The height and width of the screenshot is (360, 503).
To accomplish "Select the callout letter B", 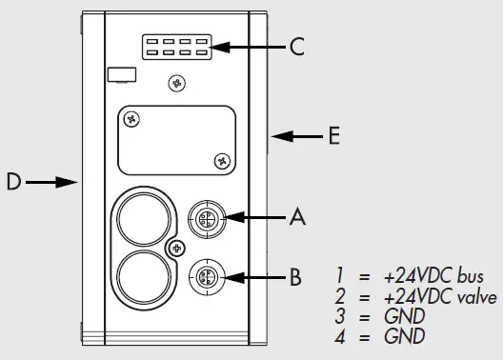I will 295,278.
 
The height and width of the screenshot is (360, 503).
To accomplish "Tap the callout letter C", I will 297,46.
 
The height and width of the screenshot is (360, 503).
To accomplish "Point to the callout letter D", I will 13,181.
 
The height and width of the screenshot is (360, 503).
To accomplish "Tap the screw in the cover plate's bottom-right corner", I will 221,159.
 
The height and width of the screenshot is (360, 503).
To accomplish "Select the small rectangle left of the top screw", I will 118,73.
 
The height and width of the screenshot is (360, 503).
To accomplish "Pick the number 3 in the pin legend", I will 339,317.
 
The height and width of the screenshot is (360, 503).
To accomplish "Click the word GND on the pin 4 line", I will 404,336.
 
